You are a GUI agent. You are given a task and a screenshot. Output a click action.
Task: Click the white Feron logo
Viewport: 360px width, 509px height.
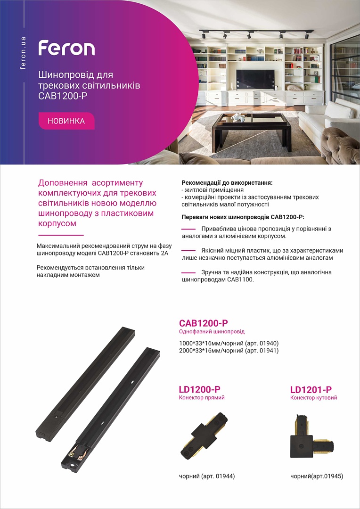[66, 48]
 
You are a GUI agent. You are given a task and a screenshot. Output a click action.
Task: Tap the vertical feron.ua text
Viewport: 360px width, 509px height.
[23, 53]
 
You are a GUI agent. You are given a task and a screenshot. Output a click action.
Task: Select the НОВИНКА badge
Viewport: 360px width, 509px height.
[66, 121]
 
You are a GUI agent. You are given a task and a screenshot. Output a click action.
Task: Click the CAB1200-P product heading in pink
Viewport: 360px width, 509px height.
[204, 323]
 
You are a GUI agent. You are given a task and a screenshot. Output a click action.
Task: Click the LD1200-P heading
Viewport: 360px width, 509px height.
[200, 389]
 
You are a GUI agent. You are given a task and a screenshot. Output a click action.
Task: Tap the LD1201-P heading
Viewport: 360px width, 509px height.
[311, 389]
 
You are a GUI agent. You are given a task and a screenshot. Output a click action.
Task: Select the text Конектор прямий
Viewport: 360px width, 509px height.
[202, 398]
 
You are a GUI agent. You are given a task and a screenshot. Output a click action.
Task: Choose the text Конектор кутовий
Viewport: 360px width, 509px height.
[313, 398]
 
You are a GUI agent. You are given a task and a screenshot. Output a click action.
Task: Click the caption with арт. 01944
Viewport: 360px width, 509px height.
[207, 476]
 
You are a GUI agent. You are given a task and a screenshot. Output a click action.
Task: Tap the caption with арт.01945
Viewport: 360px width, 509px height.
[317, 476]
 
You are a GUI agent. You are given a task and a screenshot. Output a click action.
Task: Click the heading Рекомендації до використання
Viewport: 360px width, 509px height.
[227, 182]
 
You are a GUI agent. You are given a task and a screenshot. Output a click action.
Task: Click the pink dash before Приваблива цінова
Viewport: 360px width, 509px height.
[188, 229]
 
